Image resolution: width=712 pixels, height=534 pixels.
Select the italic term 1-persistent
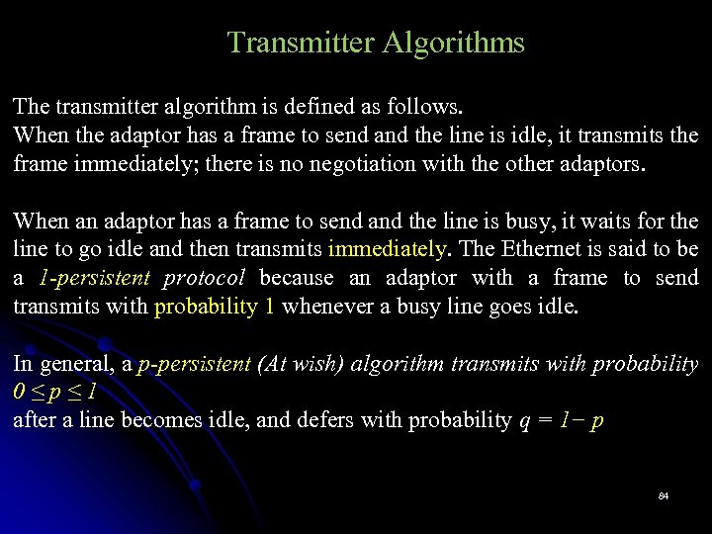coord(95,278)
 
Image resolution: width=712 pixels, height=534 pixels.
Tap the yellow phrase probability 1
coord(215,307)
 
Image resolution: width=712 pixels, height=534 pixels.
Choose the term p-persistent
coord(194,364)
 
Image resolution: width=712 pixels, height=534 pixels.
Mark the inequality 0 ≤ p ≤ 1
coord(55,393)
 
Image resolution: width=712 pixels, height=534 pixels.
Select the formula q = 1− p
coord(561,420)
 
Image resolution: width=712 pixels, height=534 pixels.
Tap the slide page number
coord(664,494)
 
